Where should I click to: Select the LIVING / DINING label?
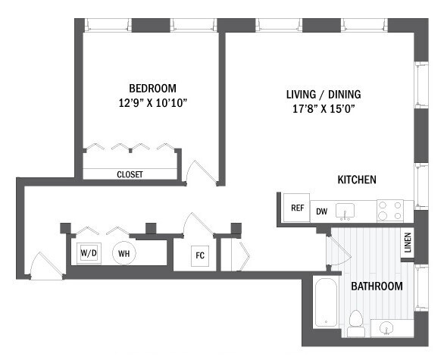click(x=323, y=95)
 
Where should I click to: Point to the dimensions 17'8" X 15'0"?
click(x=323, y=109)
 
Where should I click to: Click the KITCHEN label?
click(x=357, y=180)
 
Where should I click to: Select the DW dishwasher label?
click(x=322, y=211)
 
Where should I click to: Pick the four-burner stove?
click(x=389, y=210)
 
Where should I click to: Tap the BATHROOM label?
click(x=377, y=286)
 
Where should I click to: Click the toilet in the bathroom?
click(x=356, y=322)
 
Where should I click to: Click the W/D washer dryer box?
click(x=89, y=253)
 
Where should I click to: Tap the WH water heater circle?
click(x=123, y=253)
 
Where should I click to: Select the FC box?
click(x=200, y=255)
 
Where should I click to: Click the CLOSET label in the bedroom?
click(x=130, y=174)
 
